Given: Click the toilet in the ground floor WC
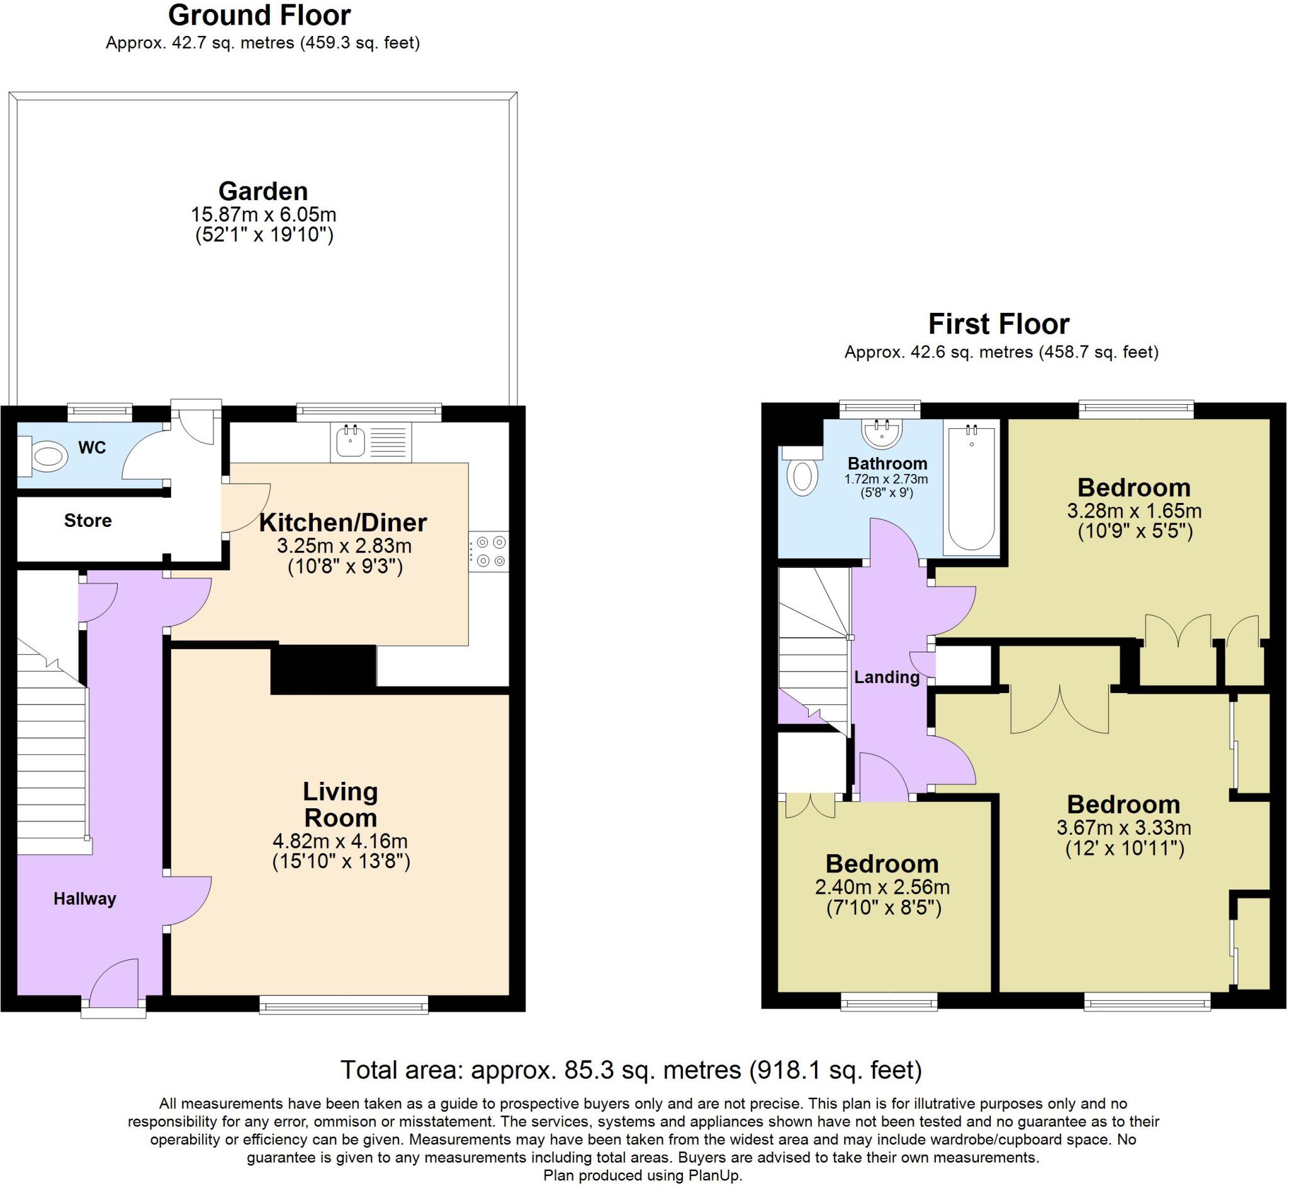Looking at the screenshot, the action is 43,456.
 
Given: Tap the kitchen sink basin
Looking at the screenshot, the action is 351,440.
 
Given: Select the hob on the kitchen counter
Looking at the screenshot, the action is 489,551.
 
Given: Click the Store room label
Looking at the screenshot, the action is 88,520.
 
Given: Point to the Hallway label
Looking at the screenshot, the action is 85,898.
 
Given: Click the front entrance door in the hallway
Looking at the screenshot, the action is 114,984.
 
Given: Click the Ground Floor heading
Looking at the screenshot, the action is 260,14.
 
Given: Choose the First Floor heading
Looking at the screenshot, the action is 999,324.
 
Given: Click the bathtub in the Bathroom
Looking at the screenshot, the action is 971,488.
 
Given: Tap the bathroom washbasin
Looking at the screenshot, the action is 883,432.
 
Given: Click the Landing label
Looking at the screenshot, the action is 887,677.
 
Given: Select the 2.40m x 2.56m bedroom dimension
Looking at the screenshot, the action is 882,887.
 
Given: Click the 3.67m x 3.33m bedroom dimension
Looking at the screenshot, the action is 1124,827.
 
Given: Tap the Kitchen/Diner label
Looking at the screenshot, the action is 343,522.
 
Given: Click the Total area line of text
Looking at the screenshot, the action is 631,1070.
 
